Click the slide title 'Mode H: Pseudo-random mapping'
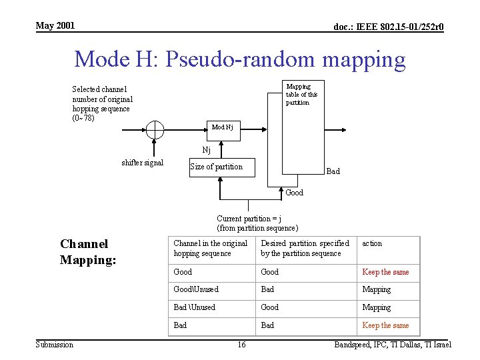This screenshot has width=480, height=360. click(x=239, y=59)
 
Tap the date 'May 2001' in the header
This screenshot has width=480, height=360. click(x=55, y=25)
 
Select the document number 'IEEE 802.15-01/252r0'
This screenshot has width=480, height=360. click(x=389, y=27)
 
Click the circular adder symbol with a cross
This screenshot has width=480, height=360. click(x=155, y=130)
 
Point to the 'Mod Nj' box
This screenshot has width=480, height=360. click(x=221, y=127)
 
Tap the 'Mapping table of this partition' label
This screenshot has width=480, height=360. click(x=301, y=95)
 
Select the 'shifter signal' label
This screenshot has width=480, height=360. click(x=142, y=163)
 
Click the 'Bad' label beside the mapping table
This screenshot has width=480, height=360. click(x=333, y=171)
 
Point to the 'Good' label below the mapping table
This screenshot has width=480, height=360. click(x=294, y=193)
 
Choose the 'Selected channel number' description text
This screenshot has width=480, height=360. click(x=101, y=103)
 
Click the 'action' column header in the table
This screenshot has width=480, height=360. click(x=372, y=243)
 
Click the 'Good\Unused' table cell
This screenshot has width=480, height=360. click(x=195, y=289)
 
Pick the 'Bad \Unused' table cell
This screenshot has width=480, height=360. click(x=194, y=307)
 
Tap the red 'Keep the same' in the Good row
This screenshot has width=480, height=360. click(x=385, y=272)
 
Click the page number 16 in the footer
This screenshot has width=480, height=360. click(x=241, y=344)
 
